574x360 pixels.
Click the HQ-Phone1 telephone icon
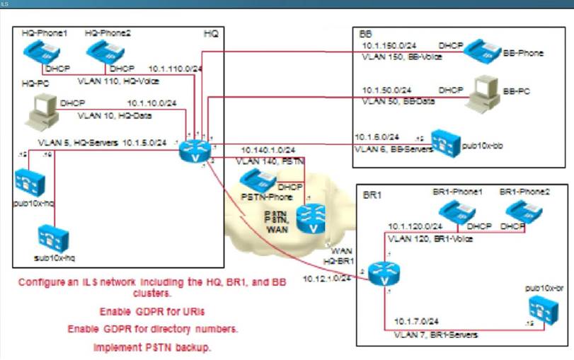point(41,52)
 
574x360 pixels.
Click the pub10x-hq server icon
point(30,180)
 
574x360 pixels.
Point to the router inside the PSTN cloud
point(310,217)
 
